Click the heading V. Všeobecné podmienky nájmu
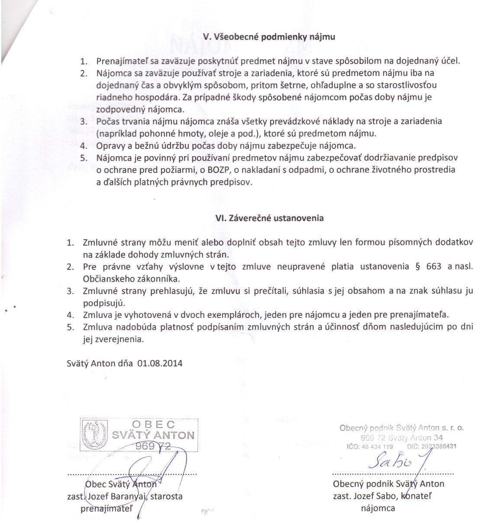pyautogui.click(x=269, y=37)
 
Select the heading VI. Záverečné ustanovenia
pyautogui.click(x=269, y=218)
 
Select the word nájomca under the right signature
pyautogui.click(x=378, y=508)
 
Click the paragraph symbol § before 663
pyautogui.click(x=417, y=266)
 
